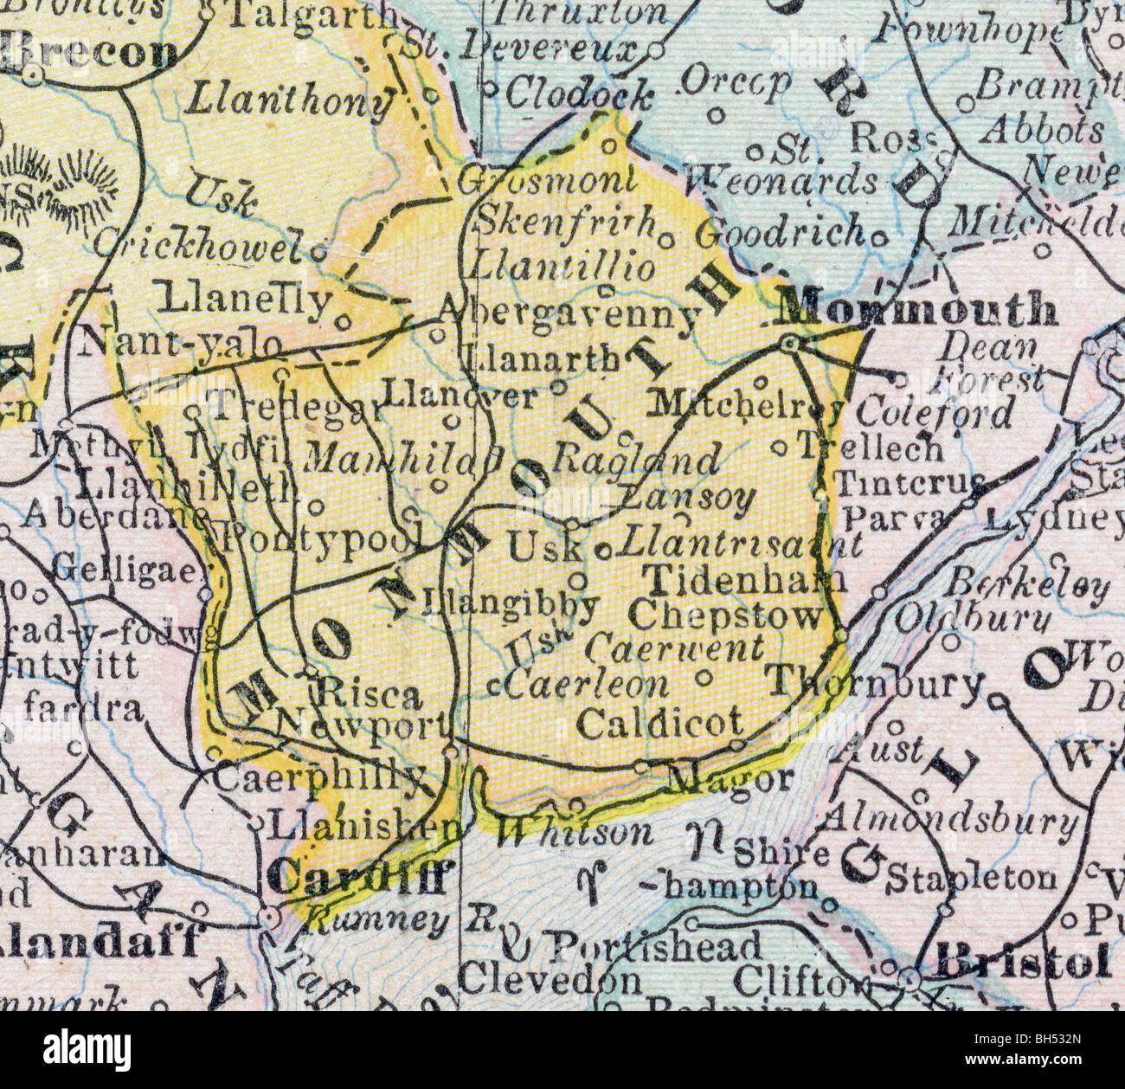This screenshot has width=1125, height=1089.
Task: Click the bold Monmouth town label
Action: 917,309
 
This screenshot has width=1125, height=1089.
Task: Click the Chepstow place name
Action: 725,615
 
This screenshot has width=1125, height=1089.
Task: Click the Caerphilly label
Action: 318,777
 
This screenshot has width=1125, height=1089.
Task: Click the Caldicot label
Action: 660,721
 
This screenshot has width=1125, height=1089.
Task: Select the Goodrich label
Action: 781,232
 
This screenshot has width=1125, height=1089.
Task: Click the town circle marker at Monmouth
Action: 788,345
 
